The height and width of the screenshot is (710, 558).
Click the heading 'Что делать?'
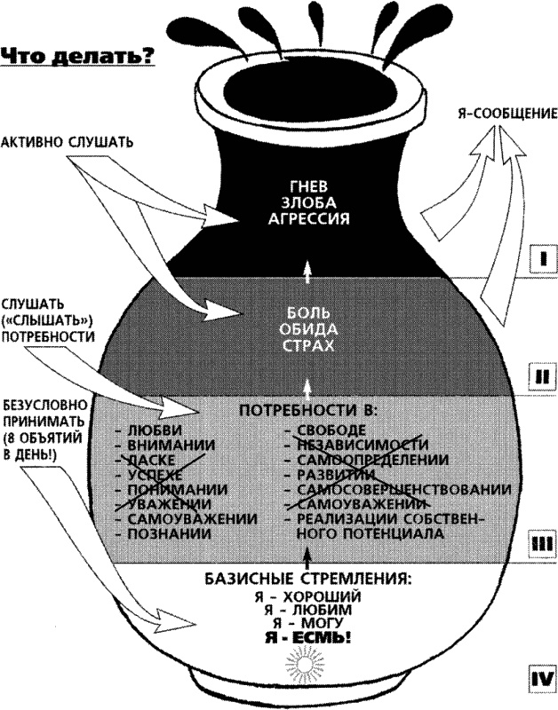78,57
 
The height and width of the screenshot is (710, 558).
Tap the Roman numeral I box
539,260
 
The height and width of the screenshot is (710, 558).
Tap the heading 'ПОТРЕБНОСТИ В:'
307,412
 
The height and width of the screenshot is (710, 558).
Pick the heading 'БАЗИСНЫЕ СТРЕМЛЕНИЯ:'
307,579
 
